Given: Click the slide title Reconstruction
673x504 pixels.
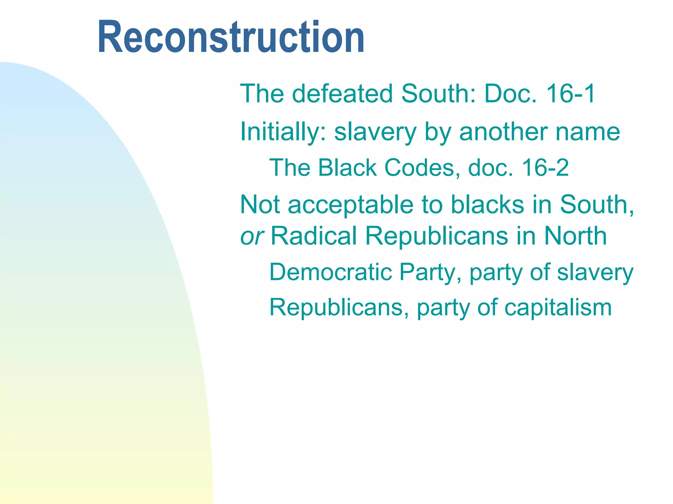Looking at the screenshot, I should tap(231, 37).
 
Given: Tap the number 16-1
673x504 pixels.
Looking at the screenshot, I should tap(570, 94).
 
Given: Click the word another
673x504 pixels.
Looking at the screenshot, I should tap(503, 132).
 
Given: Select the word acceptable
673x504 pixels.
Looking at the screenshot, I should tap(350, 205).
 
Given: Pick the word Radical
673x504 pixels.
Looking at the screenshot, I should tap(314, 236).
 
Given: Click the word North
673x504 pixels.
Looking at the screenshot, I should tap(575, 236).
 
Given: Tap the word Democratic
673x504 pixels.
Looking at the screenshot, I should tap(331, 272).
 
